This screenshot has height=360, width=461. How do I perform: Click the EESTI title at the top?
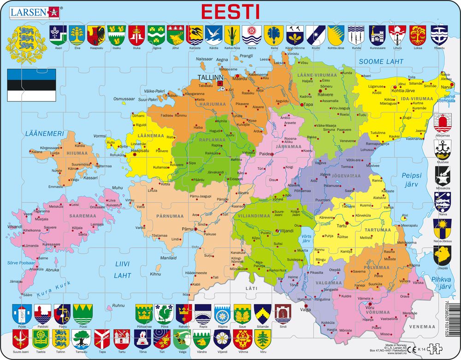(x=230, y=11)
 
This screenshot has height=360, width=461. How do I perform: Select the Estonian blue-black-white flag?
(x=31, y=86)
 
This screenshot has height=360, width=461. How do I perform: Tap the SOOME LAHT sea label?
(x=381, y=61)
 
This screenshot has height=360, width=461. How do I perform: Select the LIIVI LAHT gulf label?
(x=123, y=270)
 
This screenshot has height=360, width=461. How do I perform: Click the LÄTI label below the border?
(x=252, y=288)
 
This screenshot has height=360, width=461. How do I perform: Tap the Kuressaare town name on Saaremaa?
(x=51, y=244)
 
